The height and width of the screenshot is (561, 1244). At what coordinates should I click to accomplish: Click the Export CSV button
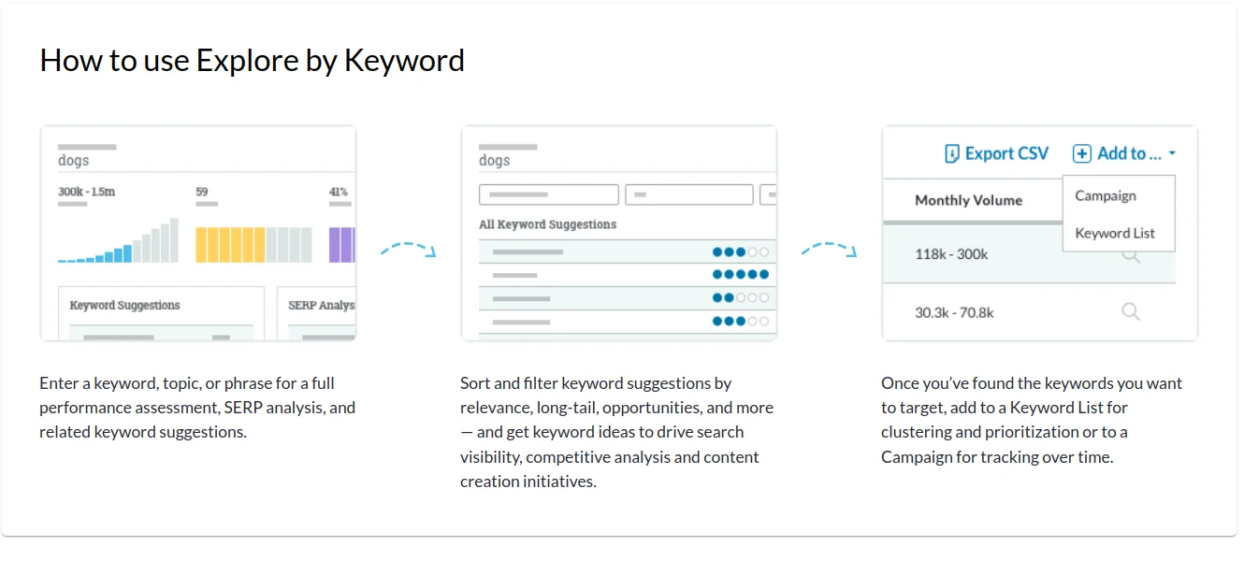[x=996, y=153]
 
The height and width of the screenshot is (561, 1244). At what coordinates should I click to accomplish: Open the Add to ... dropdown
[x=1124, y=153]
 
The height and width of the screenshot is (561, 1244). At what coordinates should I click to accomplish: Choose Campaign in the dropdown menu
[x=1106, y=195]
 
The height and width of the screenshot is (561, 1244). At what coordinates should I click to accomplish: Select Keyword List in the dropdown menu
[x=1115, y=233]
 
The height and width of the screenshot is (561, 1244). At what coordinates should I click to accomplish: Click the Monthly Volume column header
[x=969, y=200]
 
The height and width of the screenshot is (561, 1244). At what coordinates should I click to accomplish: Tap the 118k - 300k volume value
[x=951, y=254]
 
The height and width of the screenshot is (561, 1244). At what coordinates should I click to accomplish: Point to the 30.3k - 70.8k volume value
[x=954, y=313]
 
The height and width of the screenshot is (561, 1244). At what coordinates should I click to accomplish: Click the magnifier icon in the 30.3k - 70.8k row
[x=1131, y=312]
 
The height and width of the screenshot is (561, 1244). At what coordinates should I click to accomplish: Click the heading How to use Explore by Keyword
[x=252, y=60]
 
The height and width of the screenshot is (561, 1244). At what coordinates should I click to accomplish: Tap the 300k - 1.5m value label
[x=87, y=192]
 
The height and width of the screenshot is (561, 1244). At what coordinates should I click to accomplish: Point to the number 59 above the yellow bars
[x=202, y=192]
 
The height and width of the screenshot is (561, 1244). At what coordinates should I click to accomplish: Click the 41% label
[x=339, y=192]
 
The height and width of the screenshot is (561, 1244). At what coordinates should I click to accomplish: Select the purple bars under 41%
[x=342, y=245]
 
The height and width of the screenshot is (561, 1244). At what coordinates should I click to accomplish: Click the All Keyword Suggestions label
[x=547, y=224]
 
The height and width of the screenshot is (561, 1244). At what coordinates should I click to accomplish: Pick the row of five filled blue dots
[x=740, y=274]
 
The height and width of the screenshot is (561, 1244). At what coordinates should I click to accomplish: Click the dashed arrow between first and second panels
[x=408, y=248]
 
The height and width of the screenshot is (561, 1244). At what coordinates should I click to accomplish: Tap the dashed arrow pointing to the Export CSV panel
[x=829, y=248]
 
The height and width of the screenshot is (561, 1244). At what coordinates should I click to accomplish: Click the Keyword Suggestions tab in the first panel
[x=124, y=305]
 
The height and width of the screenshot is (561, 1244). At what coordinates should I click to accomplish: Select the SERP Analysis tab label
[x=322, y=305]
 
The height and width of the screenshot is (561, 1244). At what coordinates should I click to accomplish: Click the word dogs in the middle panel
[x=494, y=161]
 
